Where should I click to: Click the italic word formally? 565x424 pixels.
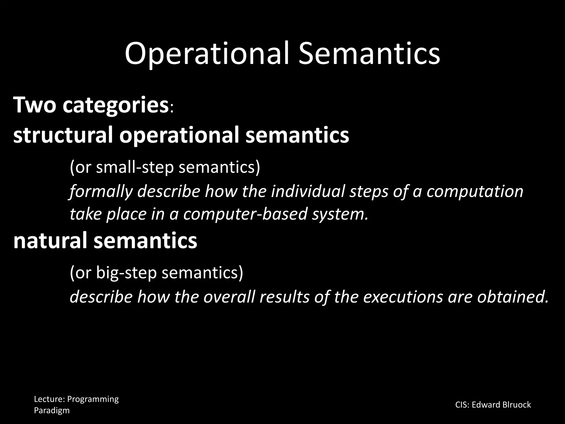(x=101, y=192)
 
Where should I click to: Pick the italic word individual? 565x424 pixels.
(x=308, y=191)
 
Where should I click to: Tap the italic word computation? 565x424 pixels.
(x=475, y=192)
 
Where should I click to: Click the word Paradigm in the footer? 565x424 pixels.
(x=52, y=410)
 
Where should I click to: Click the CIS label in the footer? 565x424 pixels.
(x=461, y=405)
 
